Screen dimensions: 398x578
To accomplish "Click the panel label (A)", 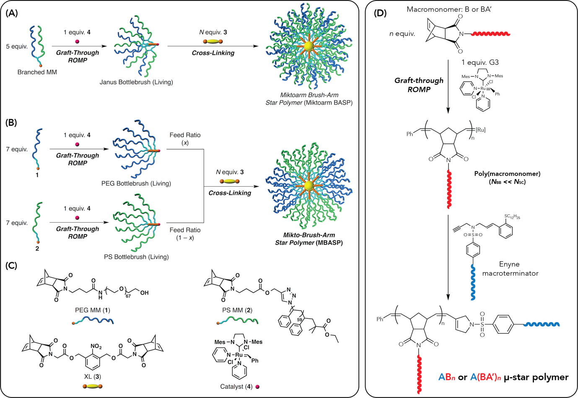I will pos(11,13).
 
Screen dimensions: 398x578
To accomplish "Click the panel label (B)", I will pos(11,122).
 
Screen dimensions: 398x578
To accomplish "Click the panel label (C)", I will pos(11,265).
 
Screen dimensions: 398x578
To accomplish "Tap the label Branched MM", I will pos(37,72).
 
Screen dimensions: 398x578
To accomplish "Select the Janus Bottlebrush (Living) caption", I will pos(136,82).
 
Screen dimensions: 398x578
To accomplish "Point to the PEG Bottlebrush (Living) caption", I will pos(136,183).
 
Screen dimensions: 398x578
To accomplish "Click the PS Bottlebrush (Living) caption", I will pos(136,257).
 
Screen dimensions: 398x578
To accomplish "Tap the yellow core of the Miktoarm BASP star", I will pos(309,46).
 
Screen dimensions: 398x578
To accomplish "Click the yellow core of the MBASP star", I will pos(309,185).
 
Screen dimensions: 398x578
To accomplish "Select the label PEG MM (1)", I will pos(93,310).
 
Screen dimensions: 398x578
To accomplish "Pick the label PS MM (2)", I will pos(238,310).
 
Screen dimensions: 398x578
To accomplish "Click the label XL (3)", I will pos(93,377).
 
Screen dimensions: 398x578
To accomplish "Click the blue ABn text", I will pos(446,377).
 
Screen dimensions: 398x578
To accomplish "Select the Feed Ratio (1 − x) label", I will pos(185,234).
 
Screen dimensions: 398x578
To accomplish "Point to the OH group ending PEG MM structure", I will pos(144,293).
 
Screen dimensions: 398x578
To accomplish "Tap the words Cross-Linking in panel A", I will pos(213,53).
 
